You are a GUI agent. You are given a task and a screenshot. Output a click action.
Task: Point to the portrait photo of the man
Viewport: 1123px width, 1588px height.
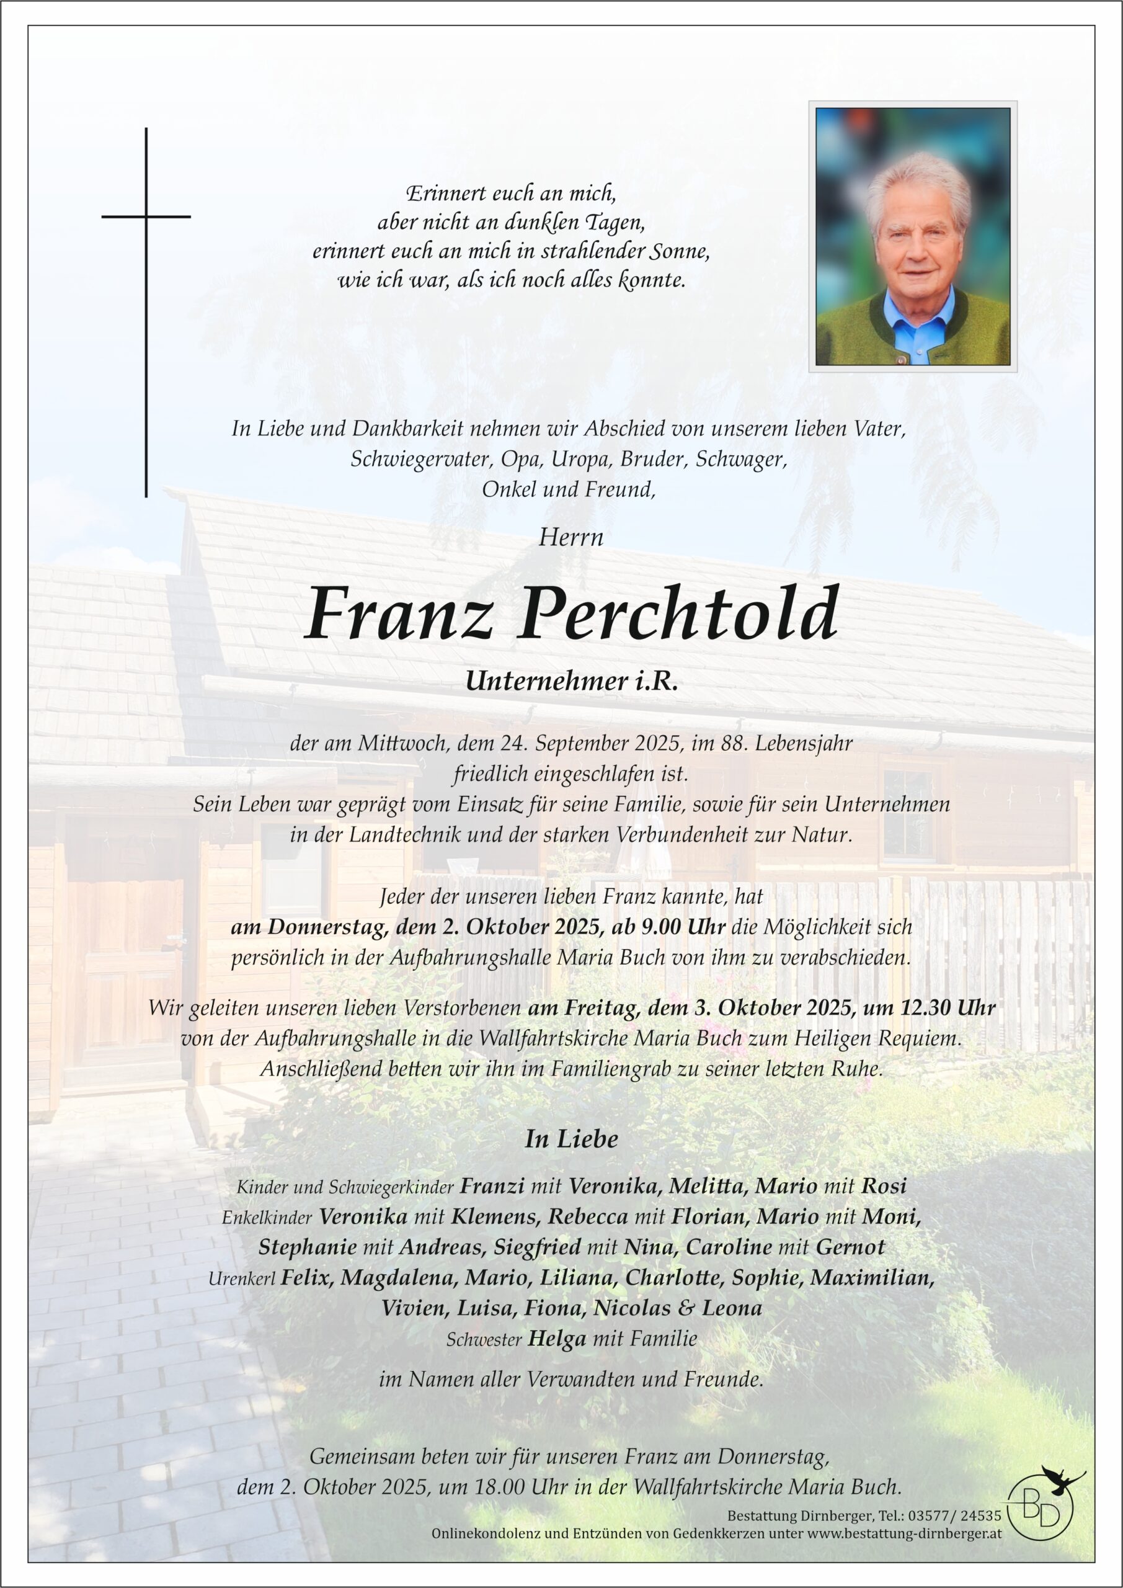click(x=912, y=236)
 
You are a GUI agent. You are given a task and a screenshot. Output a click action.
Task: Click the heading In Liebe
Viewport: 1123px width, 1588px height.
click(x=570, y=1139)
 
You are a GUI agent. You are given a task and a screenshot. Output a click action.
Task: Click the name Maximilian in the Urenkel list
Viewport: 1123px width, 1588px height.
click(x=872, y=1277)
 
